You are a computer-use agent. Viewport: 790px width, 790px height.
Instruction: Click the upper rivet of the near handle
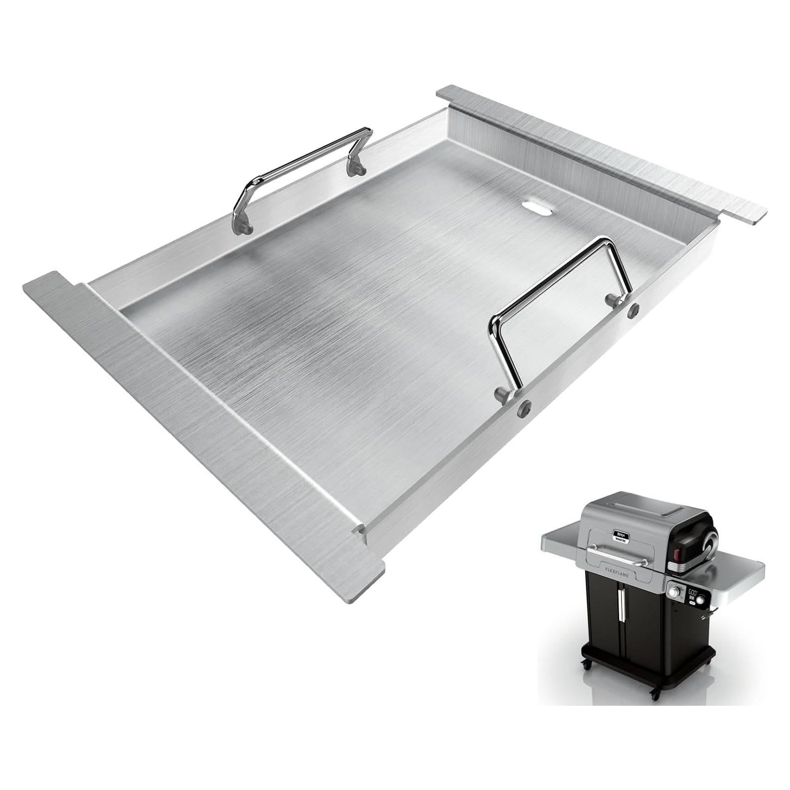click(x=634, y=309)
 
